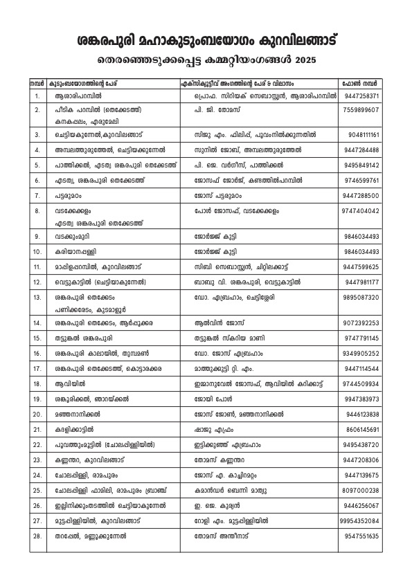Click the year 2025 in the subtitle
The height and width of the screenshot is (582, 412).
[x=303, y=61]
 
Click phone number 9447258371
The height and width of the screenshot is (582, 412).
[x=361, y=95]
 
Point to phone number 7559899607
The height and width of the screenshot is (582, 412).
[x=361, y=109]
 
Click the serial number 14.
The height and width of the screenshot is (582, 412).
[x=37, y=323]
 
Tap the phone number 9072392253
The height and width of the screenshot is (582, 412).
[x=361, y=323]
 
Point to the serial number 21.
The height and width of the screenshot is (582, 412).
[x=37, y=430]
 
